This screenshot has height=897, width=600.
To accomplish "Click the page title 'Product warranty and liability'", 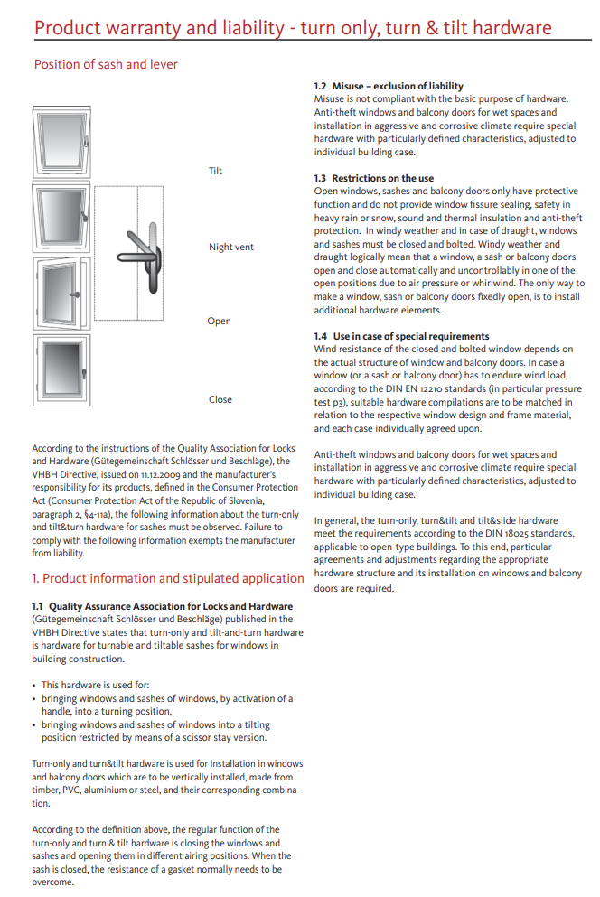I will tap(159, 28).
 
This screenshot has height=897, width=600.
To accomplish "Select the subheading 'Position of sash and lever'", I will tap(106, 64).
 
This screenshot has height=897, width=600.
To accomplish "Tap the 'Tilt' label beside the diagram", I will tap(215, 171).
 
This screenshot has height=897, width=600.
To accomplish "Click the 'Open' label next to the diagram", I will tap(219, 321).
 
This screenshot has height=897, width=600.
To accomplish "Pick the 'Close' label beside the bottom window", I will tap(220, 399).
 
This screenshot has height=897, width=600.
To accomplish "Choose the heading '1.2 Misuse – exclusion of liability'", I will tap(389, 86).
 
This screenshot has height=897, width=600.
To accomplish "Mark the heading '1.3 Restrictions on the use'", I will tap(373, 178).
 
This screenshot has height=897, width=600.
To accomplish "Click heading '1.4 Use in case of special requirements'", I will tap(401, 336).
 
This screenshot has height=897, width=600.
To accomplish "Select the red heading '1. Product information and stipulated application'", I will tap(167, 578).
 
